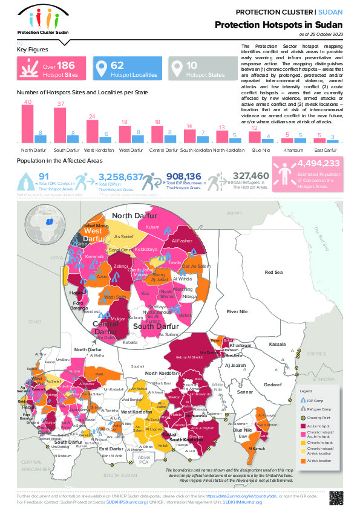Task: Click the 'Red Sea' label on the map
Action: tap(273, 273)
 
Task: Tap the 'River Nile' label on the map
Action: tap(237, 311)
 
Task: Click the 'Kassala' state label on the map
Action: tap(277, 344)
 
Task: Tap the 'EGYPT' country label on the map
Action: tap(234, 213)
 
